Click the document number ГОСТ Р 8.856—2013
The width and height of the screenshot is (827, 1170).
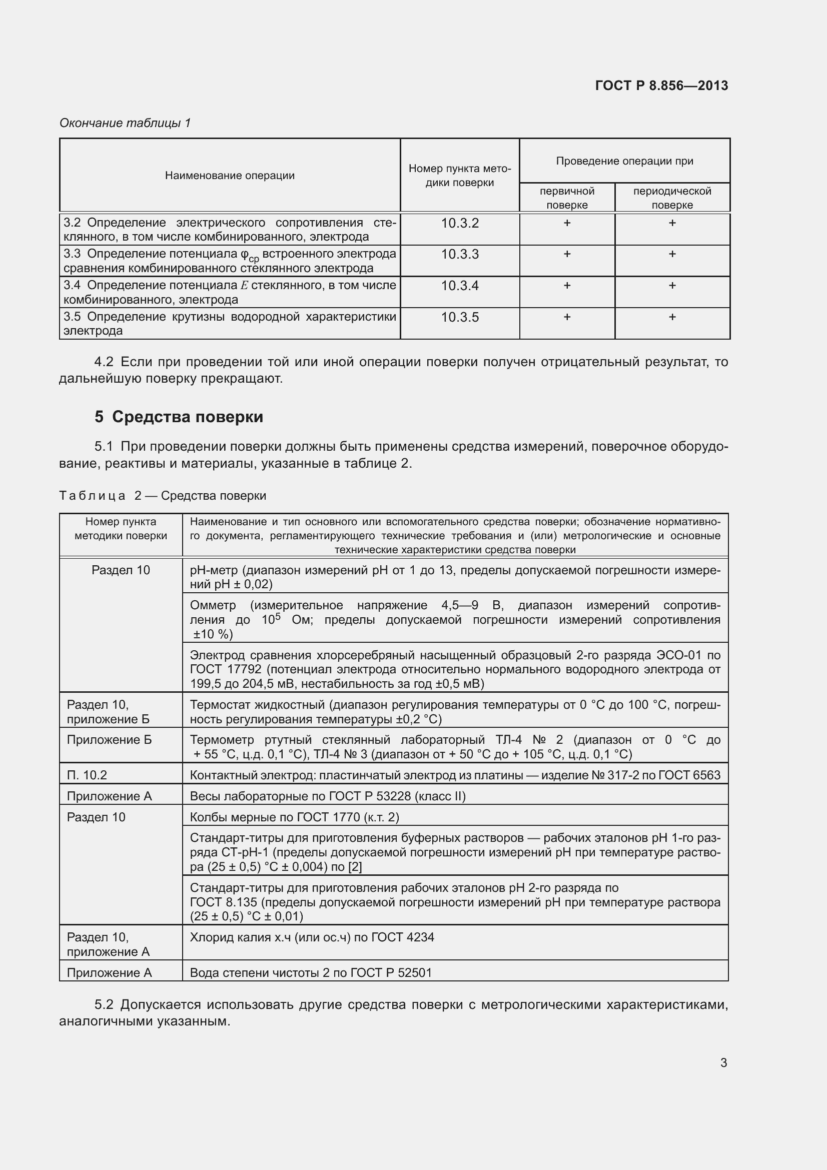pos(661,86)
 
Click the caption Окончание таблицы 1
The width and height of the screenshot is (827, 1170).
pos(125,123)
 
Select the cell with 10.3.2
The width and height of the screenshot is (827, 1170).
pos(460,223)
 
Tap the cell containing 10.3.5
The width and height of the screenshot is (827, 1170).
pos(460,318)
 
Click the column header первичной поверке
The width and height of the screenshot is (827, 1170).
pos(567,198)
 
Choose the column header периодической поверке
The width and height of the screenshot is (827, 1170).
pos(671,198)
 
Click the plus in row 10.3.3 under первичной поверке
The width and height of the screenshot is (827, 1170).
pos(567,254)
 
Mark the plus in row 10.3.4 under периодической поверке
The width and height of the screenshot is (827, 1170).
pos(671,285)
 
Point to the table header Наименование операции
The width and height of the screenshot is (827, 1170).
pos(229,176)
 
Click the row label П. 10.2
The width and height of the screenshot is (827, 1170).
pos(87,775)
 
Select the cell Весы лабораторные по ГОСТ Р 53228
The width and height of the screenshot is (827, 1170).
pos(328,796)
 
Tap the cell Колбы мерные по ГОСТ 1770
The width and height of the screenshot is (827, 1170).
pos(294,817)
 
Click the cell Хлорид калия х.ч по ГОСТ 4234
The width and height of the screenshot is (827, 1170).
pos(312,937)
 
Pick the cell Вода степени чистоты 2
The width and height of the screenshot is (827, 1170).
pos(310,972)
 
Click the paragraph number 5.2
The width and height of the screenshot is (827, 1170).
pos(104,1005)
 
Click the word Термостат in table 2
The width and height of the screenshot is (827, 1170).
pos(217,705)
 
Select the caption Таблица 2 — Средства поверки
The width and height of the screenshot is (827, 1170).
pos(163,496)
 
